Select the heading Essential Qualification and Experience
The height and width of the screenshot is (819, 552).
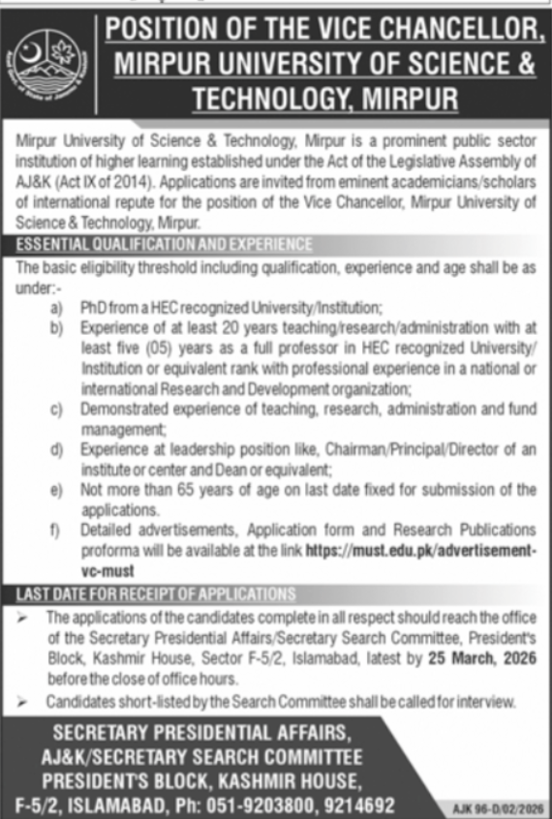click(x=165, y=244)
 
